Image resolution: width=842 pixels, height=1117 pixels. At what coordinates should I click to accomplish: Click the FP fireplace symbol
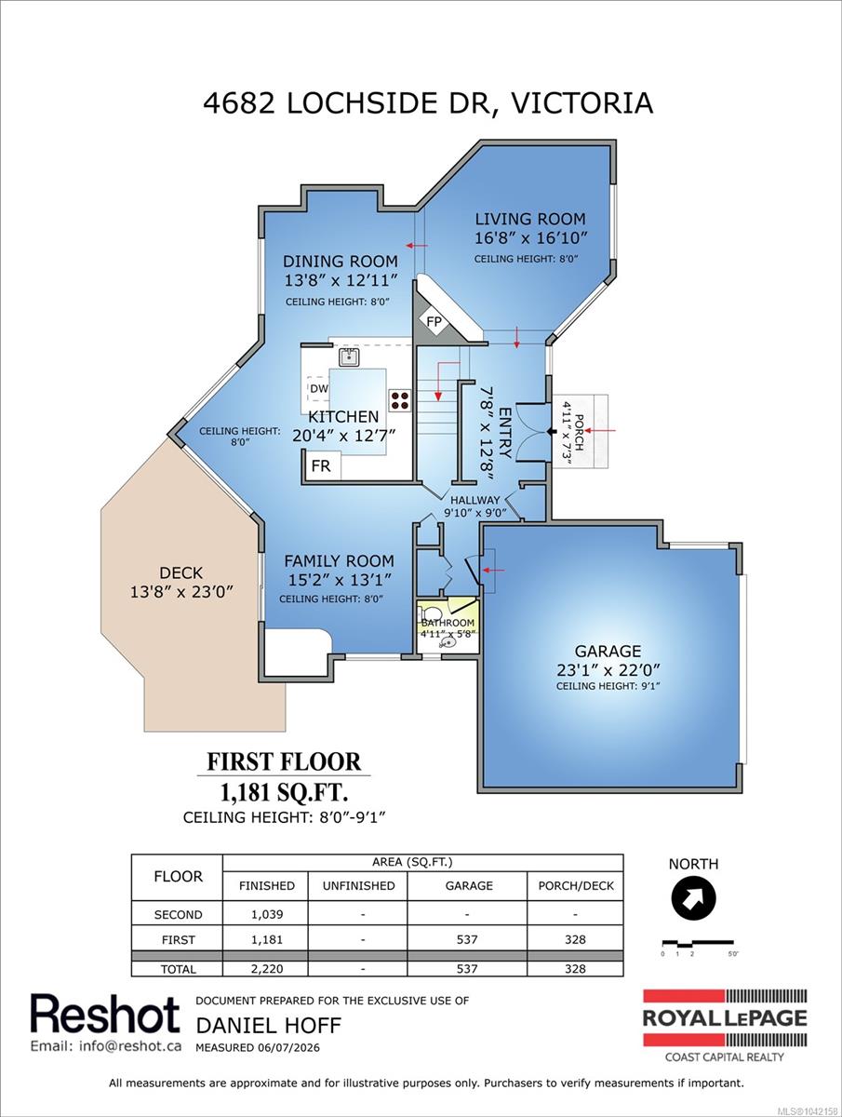pyautogui.click(x=434, y=322)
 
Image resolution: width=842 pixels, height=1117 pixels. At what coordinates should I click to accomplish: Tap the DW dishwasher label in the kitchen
pyautogui.click(x=319, y=389)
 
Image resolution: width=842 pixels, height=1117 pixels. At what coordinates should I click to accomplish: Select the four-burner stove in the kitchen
pyautogui.click(x=400, y=400)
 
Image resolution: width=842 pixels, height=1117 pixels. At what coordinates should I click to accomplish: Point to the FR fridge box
pyautogui.click(x=321, y=465)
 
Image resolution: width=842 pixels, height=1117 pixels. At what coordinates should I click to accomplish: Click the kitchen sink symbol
pyautogui.click(x=349, y=357)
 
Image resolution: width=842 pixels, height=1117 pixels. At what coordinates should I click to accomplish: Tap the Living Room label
pyautogui.click(x=530, y=220)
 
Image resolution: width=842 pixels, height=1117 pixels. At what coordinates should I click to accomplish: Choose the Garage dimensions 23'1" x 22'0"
pyautogui.click(x=608, y=670)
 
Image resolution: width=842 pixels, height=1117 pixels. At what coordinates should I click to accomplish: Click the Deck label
pyautogui.click(x=181, y=573)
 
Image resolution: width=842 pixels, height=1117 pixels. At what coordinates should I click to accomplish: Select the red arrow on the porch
pyautogui.click(x=600, y=431)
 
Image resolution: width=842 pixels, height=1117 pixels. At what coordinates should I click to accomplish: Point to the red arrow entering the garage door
pyautogui.click(x=493, y=571)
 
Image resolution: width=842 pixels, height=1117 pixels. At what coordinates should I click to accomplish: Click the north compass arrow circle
pyautogui.click(x=693, y=898)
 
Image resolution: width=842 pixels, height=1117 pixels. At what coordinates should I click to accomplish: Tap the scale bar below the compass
pyautogui.click(x=698, y=943)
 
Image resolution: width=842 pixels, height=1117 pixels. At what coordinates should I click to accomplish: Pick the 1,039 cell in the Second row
pyautogui.click(x=266, y=914)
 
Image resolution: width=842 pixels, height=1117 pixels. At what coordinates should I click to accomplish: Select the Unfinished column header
pyautogui.click(x=358, y=885)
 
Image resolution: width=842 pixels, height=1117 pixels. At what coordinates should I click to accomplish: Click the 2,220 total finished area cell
pyautogui.click(x=266, y=968)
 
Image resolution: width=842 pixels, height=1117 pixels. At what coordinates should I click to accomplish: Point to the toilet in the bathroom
pyautogui.click(x=433, y=612)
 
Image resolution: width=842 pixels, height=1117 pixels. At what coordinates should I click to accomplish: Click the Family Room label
pyautogui.click(x=340, y=560)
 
